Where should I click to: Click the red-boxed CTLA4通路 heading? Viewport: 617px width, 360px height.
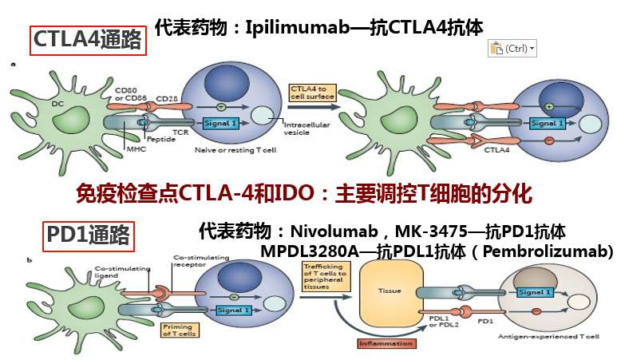88,39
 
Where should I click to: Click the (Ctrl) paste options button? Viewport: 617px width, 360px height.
512,49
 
